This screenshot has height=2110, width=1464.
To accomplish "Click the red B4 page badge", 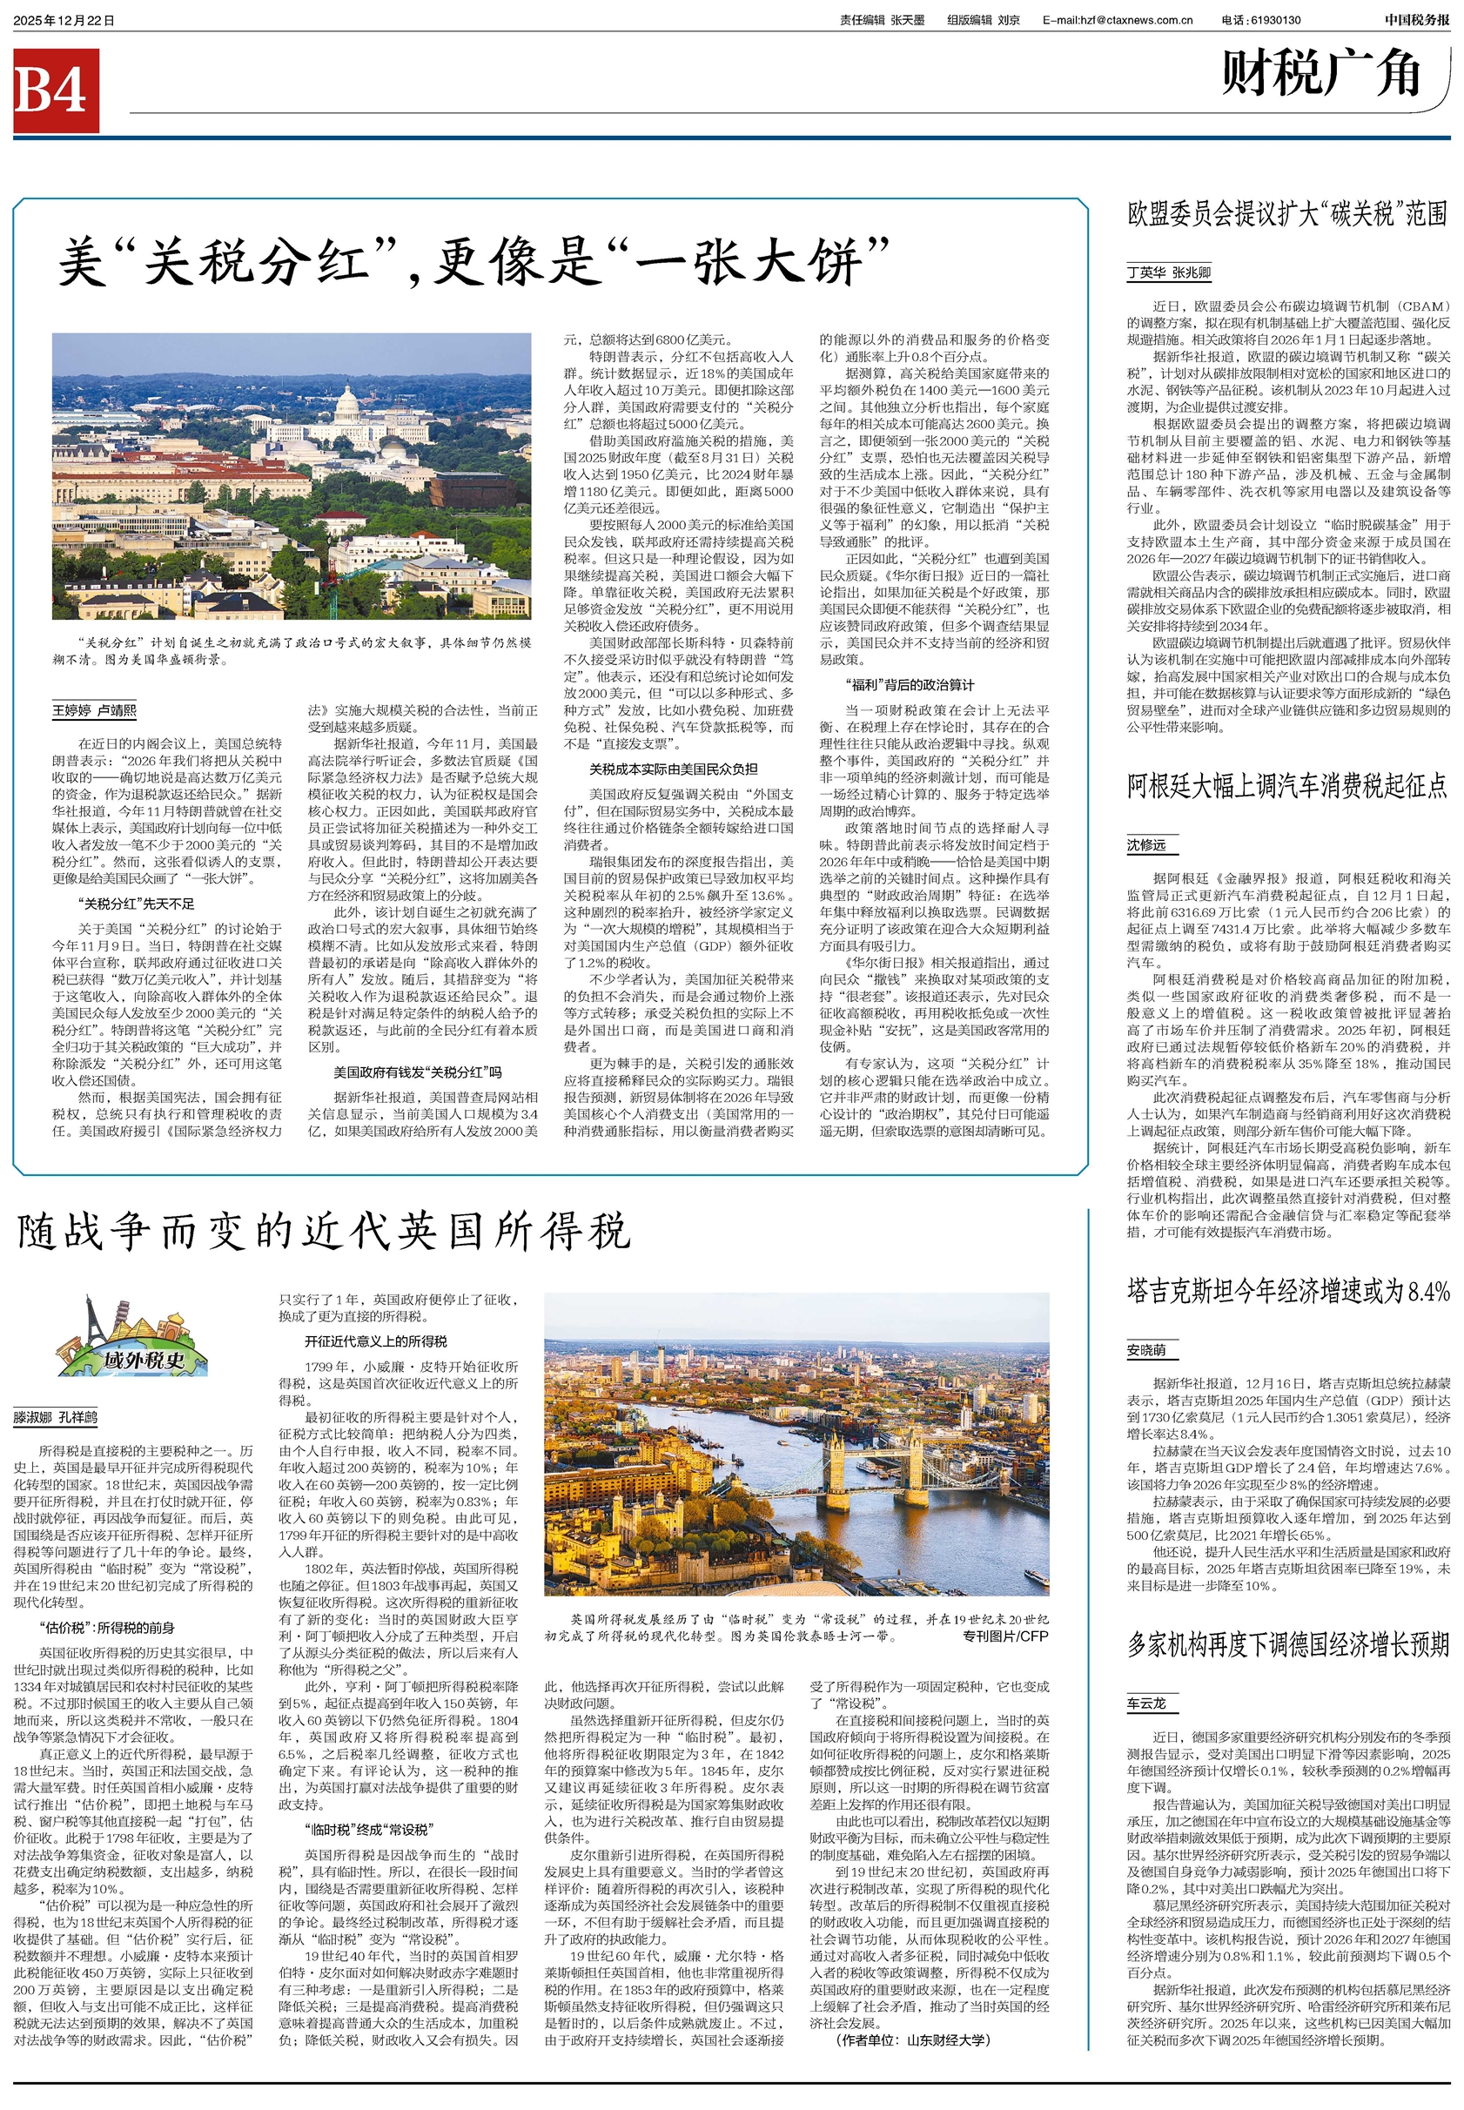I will (x=56, y=91).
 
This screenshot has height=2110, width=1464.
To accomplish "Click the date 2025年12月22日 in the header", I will (x=64, y=20).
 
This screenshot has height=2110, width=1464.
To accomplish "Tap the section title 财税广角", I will (x=1321, y=73).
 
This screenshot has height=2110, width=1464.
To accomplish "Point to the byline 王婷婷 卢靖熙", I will (x=95, y=710).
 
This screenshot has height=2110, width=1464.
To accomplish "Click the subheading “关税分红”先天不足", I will (x=136, y=904).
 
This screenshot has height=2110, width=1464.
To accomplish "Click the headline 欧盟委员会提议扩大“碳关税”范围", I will (x=1287, y=215).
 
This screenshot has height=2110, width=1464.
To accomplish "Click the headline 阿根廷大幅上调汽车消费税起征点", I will (x=1287, y=785).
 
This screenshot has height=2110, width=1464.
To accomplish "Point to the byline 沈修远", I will (x=1146, y=845).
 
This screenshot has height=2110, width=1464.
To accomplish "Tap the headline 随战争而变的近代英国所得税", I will (x=324, y=1231).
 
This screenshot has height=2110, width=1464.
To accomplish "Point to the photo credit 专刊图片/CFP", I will (x=1004, y=1636).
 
